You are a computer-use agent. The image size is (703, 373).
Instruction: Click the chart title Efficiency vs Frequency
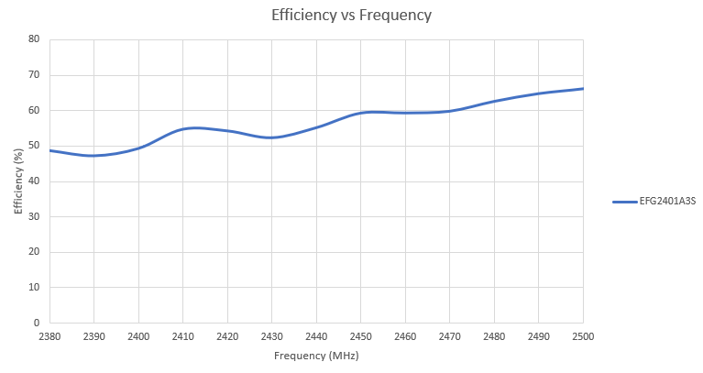point(352,15)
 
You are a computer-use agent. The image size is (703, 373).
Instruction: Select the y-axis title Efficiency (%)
point(18,181)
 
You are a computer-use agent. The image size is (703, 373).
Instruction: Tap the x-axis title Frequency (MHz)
point(316,356)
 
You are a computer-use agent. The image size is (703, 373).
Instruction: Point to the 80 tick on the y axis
point(34,39)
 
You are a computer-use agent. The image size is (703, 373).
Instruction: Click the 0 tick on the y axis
point(37,323)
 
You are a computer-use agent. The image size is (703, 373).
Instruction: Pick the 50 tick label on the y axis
point(34,146)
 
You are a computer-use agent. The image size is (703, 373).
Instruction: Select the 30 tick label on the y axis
point(34,216)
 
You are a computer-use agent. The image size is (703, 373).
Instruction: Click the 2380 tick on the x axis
point(49,336)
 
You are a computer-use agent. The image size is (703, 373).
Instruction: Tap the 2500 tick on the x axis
point(583,336)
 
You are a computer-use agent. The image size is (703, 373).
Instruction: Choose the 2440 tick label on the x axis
point(316,336)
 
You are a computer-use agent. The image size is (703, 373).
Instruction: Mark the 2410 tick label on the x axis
point(183,336)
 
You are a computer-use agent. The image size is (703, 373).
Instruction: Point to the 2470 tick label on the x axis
point(450,336)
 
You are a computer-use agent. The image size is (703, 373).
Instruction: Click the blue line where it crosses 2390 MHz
point(94,156)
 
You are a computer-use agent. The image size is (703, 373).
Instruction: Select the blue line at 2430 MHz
point(272,137)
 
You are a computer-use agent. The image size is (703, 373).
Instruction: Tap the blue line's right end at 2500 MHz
point(582,89)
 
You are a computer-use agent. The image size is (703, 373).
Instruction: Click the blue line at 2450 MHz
point(361,113)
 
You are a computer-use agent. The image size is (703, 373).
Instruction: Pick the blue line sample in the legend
point(624,202)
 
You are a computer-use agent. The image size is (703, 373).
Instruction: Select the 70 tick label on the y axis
point(34,75)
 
